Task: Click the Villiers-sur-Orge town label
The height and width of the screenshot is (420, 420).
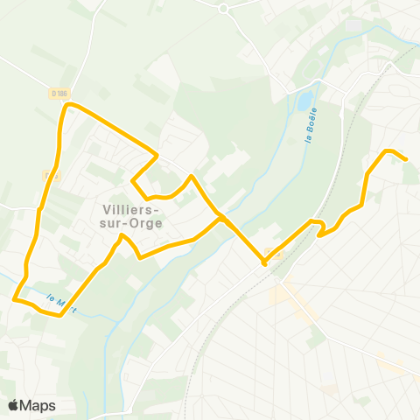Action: [129, 215]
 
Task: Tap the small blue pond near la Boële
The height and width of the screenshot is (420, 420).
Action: [304, 102]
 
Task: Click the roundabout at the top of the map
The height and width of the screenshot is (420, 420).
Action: [223, 8]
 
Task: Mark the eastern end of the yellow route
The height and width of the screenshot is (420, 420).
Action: [406, 158]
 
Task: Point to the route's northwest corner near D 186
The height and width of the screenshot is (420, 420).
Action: [66, 105]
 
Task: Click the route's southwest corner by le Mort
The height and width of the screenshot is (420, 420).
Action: [15, 299]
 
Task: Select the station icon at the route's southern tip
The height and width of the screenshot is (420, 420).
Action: [263, 259]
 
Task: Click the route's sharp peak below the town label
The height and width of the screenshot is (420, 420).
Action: [122, 235]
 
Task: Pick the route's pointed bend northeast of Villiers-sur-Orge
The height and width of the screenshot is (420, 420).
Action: [157, 157]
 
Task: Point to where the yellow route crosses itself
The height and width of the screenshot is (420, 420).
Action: [221, 217]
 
